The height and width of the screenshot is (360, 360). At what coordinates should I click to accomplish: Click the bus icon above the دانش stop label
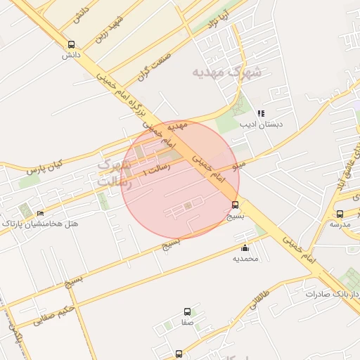click(70, 44)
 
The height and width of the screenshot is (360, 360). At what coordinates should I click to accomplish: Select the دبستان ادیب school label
click(261, 124)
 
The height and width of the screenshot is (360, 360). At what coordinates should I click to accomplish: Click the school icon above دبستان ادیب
click(261, 113)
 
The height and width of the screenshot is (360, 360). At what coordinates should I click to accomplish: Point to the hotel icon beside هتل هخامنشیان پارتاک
click(40, 214)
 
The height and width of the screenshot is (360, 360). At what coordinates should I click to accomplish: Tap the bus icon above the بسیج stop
click(234, 205)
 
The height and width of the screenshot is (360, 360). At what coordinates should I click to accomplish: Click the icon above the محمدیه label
click(245, 247)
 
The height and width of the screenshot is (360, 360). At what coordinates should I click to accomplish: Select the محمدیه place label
click(246, 258)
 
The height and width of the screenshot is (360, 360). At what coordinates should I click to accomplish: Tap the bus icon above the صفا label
click(187, 311)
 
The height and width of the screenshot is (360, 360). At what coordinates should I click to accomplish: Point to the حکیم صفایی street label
click(52, 315)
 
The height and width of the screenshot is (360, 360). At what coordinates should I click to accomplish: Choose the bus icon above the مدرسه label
click(340, 214)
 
